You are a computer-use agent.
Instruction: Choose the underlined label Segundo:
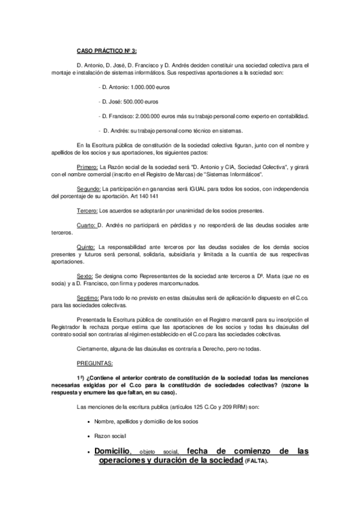tap(89, 189)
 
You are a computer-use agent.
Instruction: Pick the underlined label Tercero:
tap(87, 210)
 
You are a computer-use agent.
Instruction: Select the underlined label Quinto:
tap(87, 247)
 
